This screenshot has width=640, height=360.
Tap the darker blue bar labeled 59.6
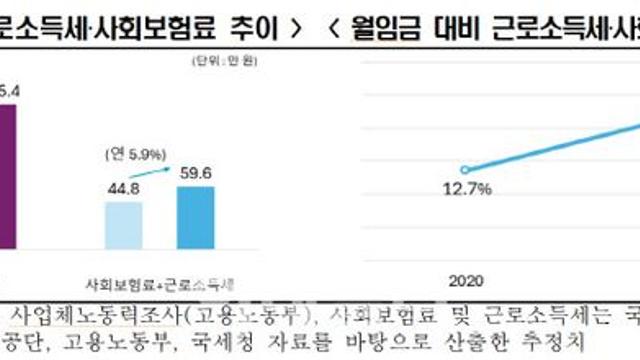click(195, 215)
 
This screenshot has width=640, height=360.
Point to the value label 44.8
click(126, 186)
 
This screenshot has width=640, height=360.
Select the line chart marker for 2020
click(464, 169)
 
